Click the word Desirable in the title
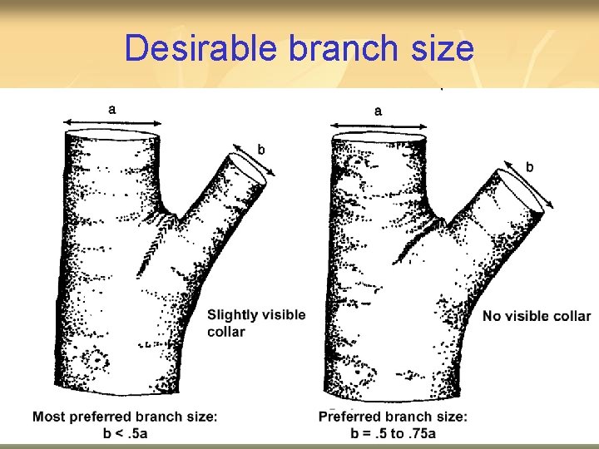[x=200, y=49]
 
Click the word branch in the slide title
[x=342, y=49]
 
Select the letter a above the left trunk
[x=112, y=107]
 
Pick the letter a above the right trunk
[x=379, y=110]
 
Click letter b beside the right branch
[x=529, y=167]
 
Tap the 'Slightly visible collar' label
[x=255, y=323]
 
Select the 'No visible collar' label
[x=537, y=316]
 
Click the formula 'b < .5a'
[x=125, y=433]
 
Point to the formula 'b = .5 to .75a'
[x=392, y=433]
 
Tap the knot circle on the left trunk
[x=97, y=362]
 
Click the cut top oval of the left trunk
[x=112, y=137]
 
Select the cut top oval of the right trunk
[x=379, y=139]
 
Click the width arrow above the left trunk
[x=112, y=121]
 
